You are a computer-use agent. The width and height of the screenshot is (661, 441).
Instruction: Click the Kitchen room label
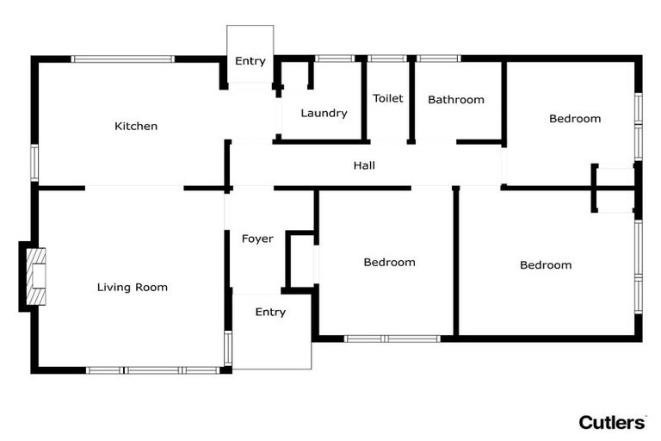pyautogui.click(x=136, y=126)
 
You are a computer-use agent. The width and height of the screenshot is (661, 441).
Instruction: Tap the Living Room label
pyautogui.click(x=132, y=287)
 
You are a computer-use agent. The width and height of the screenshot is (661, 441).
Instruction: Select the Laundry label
pyautogui.click(x=324, y=113)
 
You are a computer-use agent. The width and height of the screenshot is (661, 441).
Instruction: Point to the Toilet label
pyautogui.click(x=387, y=98)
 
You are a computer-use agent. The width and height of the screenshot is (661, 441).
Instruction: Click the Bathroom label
pyautogui.click(x=455, y=99)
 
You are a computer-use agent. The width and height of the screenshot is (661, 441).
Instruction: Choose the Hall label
pyautogui.click(x=364, y=165)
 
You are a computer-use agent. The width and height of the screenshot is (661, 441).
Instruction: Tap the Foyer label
pyautogui.click(x=256, y=239)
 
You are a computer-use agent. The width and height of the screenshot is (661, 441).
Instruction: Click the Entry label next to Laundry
pyautogui.click(x=250, y=61)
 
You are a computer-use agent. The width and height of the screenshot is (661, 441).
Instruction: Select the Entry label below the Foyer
pyautogui.click(x=270, y=312)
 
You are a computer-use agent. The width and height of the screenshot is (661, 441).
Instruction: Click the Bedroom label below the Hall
pyautogui.click(x=389, y=262)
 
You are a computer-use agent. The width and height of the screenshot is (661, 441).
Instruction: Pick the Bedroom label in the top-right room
pyautogui.click(x=574, y=118)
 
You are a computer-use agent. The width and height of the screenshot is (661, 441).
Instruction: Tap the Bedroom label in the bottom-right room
pyautogui.click(x=546, y=264)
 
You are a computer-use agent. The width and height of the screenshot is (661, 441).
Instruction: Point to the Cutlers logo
pyautogui.click(x=611, y=422)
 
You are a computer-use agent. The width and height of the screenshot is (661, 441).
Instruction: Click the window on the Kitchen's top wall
pyautogui.click(x=123, y=59)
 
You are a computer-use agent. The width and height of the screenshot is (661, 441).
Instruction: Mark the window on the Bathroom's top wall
pyautogui.click(x=439, y=59)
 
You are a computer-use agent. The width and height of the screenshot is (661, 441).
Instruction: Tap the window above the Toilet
pyautogui.click(x=387, y=59)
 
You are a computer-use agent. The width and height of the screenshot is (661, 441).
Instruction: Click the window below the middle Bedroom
pyautogui.click(x=392, y=339)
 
